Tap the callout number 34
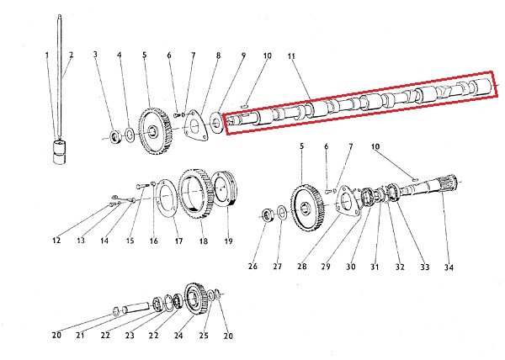click(449, 267)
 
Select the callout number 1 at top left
click(47, 56)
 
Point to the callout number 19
click(229, 241)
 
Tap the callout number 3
click(95, 56)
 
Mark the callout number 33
click(425, 267)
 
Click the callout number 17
click(178, 241)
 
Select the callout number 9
click(243, 56)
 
